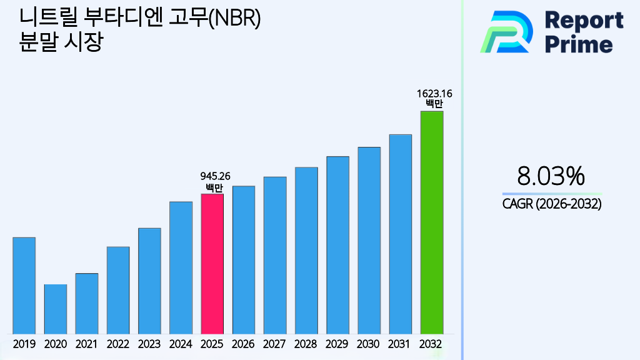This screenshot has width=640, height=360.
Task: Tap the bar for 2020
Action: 55,309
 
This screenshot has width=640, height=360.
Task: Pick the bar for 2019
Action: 24,286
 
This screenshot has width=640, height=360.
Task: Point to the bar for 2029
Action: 337,245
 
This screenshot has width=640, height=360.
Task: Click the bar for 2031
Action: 400,234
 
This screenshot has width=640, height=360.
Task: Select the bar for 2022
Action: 118,290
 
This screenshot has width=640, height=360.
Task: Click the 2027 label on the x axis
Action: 274,344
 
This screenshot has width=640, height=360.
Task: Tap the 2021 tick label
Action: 86,344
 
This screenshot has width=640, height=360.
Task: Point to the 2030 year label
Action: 369,344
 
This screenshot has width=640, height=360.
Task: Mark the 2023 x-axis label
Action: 149,344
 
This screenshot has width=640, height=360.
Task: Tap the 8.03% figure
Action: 551,176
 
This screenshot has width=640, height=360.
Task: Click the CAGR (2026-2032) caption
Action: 551,204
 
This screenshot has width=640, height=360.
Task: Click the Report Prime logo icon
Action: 506,32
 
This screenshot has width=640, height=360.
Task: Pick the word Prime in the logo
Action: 579,44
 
